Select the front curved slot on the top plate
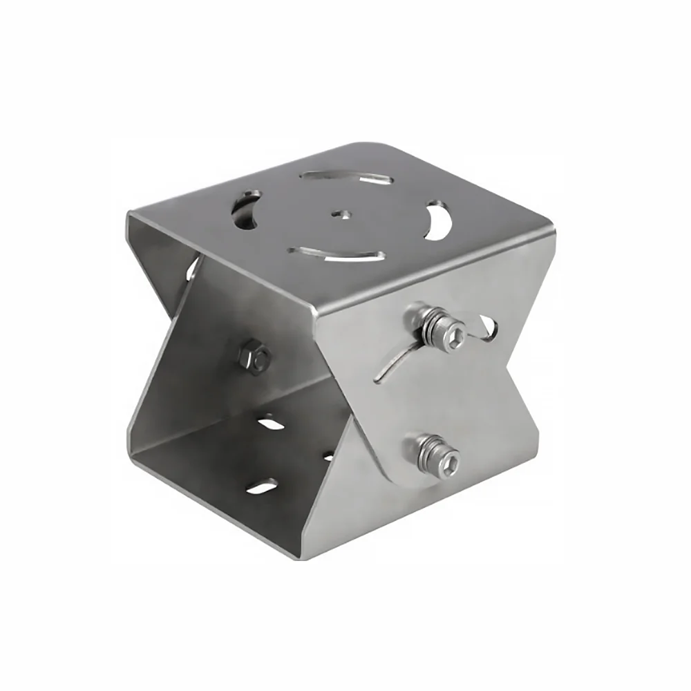pyautogui.click(x=337, y=254)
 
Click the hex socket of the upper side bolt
pyautogui.click(x=455, y=337)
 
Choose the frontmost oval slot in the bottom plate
pyautogui.click(x=263, y=488)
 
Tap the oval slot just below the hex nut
pyautogui.click(x=272, y=422)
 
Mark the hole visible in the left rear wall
pyautogui.click(x=191, y=269)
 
